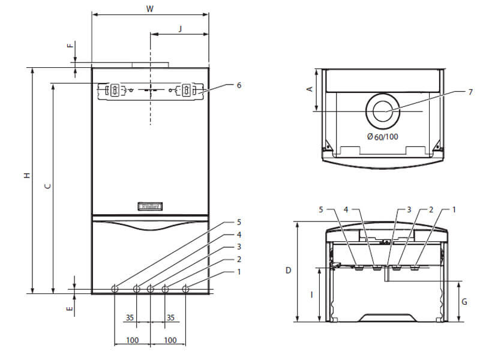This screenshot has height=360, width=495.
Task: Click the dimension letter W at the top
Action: (x=149, y=8)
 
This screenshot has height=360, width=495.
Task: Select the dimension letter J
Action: (x=180, y=29)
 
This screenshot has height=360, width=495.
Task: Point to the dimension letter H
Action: (x=28, y=175)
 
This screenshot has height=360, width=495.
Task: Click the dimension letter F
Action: (x=70, y=45)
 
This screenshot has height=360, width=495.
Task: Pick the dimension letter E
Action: (x=70, y=308)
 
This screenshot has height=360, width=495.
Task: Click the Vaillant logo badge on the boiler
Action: (x=150, y=206)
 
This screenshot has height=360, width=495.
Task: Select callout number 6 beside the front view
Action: (x=239, y=85)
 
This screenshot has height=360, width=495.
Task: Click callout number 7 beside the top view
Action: (x=470, y=92)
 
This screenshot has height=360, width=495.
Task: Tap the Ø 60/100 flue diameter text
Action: (x=383, y=137)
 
